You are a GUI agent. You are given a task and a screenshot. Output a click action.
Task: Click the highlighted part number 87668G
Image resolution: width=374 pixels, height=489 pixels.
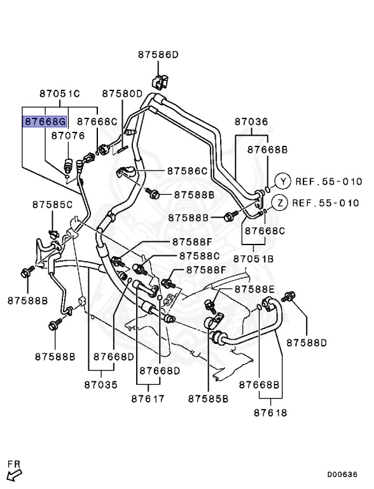point(45,121)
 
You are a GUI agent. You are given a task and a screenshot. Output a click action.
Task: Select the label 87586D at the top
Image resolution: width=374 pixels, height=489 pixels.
point(158,55)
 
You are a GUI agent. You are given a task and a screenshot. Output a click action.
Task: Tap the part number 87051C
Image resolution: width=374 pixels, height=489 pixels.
point(59,94)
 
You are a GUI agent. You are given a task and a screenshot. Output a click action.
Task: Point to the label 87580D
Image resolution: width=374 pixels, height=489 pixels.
point(122,94)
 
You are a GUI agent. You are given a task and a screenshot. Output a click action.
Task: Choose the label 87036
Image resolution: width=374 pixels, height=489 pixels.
point(251,121)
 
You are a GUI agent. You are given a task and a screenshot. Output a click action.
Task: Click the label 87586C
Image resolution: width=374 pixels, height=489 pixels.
point(188,171)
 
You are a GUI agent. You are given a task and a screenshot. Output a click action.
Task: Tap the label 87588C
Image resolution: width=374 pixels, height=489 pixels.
point(199,255)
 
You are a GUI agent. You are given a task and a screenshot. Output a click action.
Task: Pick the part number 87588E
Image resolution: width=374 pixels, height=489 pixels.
point(254,289)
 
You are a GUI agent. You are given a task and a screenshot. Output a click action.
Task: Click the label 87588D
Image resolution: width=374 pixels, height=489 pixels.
point(306,343)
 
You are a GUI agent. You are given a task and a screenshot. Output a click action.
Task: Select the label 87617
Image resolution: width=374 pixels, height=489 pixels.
point(148,399)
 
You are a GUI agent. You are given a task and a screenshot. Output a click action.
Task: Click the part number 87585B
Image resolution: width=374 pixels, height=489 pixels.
point(208,399)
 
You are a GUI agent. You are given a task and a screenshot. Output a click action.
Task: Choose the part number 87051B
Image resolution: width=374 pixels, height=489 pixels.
point(253,259)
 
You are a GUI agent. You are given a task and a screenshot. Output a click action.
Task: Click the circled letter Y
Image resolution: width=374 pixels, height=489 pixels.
point(283,181)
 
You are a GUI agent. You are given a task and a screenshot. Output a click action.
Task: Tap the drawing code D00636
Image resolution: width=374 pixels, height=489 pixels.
point(343,474)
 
